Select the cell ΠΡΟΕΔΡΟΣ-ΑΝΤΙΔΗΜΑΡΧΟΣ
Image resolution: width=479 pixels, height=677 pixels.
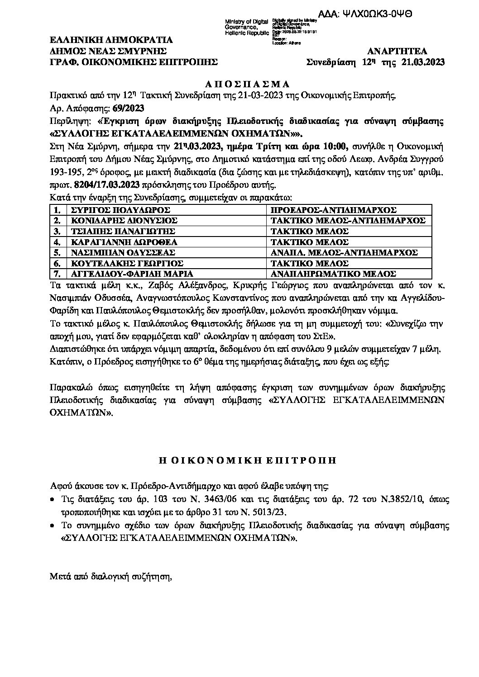tap(334, 210)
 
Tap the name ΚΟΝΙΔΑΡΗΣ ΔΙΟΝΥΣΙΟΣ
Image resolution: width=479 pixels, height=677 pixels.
tap(121, 221)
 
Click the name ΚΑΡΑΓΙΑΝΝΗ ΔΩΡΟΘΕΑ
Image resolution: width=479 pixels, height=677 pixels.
tap(121, 242)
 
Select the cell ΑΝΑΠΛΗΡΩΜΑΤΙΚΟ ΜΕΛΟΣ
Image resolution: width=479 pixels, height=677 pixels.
tap(334, 274)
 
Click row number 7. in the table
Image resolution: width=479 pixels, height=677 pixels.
tap(57, 274)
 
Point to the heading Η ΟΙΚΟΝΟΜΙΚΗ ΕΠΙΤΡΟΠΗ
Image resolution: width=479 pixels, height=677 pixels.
tap(239, 461)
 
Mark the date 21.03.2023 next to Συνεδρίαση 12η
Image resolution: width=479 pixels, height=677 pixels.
tap(423, 62)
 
